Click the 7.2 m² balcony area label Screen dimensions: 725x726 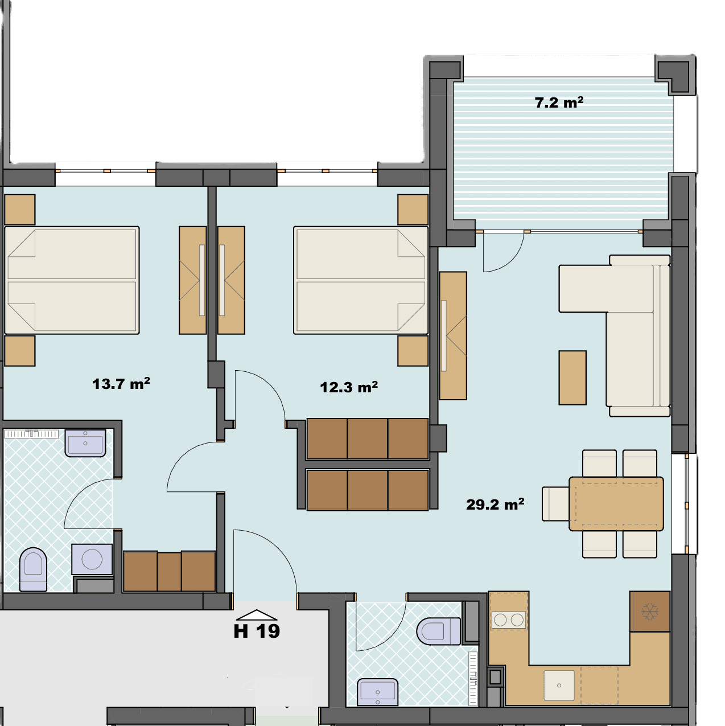[559, 102]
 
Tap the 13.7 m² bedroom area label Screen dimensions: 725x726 [121, 384]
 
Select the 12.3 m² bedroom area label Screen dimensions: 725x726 [349, 387]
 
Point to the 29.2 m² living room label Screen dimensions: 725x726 [495, 504]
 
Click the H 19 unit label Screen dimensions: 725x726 [257, 631]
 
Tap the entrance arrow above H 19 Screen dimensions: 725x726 [257, 615]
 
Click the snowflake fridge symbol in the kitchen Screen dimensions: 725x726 [650, 611]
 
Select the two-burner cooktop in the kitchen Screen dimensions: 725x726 [508, 620]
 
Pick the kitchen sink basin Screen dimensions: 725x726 [559, 686]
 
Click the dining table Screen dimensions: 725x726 [616, 504]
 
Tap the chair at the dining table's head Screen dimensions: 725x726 [556, 504]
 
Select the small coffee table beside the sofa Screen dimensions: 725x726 [572, 378]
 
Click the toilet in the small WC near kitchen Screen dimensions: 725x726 [439, 631]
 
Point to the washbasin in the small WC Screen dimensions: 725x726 [377, 692]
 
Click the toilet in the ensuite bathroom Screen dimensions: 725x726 [33, 569]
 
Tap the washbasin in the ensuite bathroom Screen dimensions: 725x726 [85, 443]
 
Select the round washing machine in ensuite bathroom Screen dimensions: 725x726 [92, 559]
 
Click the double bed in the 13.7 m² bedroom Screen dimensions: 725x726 [72, 280]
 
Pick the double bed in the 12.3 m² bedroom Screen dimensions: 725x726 [361, 280]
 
